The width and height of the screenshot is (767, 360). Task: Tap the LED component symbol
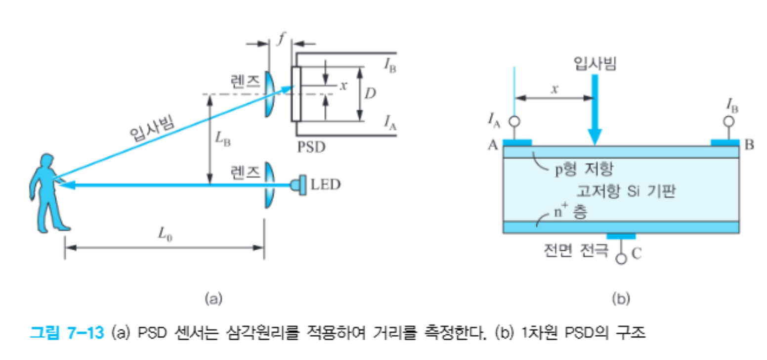click(298, 186)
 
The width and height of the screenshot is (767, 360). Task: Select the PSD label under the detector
click(311, 147)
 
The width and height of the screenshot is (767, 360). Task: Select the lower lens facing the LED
click(269, 185)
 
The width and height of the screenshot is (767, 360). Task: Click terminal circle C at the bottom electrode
click(622, 258)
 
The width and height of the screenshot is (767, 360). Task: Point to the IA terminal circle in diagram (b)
click(514, 121)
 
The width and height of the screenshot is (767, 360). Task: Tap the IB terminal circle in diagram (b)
click(728, 121)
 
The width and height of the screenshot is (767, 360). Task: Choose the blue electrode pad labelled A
click(517, 143)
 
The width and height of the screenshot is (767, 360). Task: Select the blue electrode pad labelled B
click(725, 143)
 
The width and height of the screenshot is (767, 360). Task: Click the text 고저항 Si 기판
click(625, 190)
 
